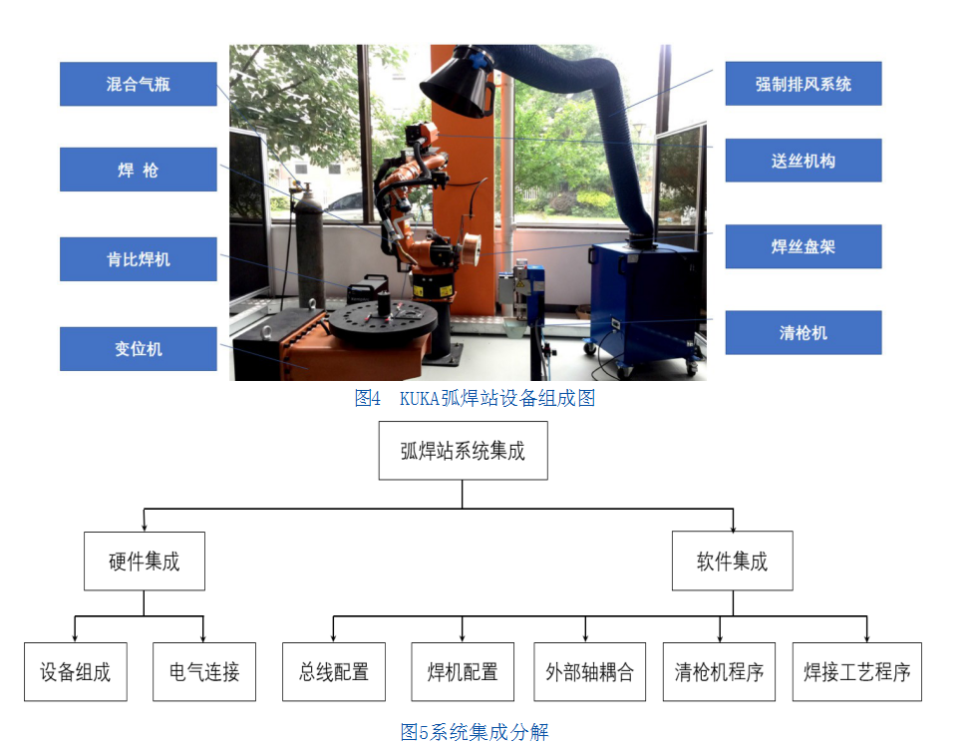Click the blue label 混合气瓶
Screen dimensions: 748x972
point(138,84)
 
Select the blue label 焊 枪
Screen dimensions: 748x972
point(138,170)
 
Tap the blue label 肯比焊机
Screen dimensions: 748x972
point(138,259)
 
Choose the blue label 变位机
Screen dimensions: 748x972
point(138,349)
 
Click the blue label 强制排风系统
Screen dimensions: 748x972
point(803,84)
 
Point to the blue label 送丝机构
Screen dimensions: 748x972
point(803,161)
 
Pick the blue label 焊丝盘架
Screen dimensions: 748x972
point(803,246)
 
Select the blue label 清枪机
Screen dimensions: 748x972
point(803,332)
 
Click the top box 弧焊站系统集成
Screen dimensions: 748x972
point(463,451)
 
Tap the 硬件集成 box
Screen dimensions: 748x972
point(144,561)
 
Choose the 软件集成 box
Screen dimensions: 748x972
point(732,561)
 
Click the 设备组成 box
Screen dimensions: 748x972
point(76,671)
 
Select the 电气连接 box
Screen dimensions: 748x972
point(203,671)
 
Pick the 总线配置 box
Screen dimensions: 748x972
point(333,671)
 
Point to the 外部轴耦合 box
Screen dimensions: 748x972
point(590,671)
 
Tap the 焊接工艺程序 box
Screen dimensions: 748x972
point(857,671)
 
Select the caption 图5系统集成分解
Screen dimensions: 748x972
point(475,732)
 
